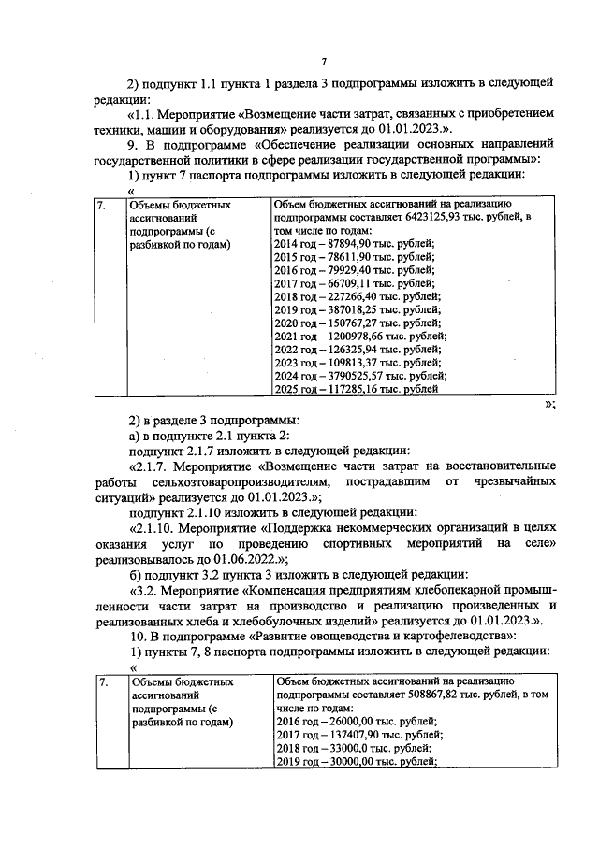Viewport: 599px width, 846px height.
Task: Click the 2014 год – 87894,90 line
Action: pos(342,243)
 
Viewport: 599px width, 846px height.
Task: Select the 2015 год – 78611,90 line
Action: pos(342,256)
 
